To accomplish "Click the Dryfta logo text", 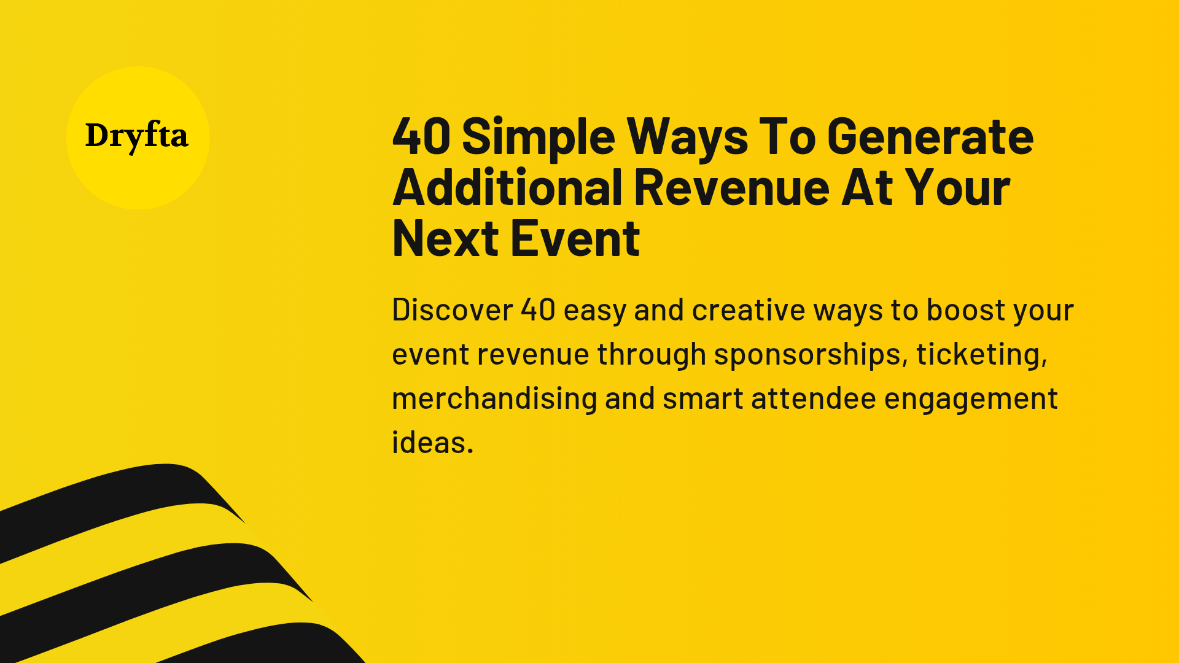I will (x=136, y=136).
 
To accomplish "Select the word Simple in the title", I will (x=538, y=138).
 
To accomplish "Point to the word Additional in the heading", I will (x=507, y=187).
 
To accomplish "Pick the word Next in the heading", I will (x=445, y=239).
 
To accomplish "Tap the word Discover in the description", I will (x=452, y=310).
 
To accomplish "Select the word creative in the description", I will (x=748, y=310).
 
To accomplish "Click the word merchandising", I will (x=494, y=400).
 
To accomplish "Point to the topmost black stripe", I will (x=123, y=497).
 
